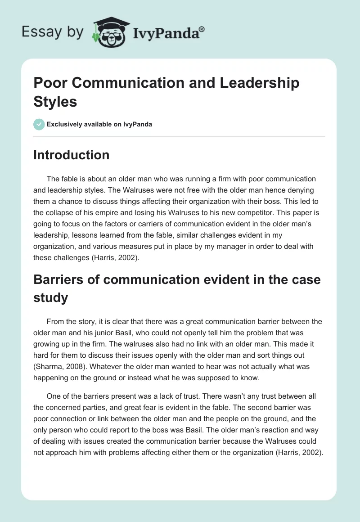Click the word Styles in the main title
pyautogui.click(x=55, y=101)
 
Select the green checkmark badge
pyautogui.click(x=39, y=124)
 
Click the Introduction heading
pyautogui.click(x=72, y=155)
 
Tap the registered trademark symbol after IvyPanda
pyautogui.click(x=202, y=29)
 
